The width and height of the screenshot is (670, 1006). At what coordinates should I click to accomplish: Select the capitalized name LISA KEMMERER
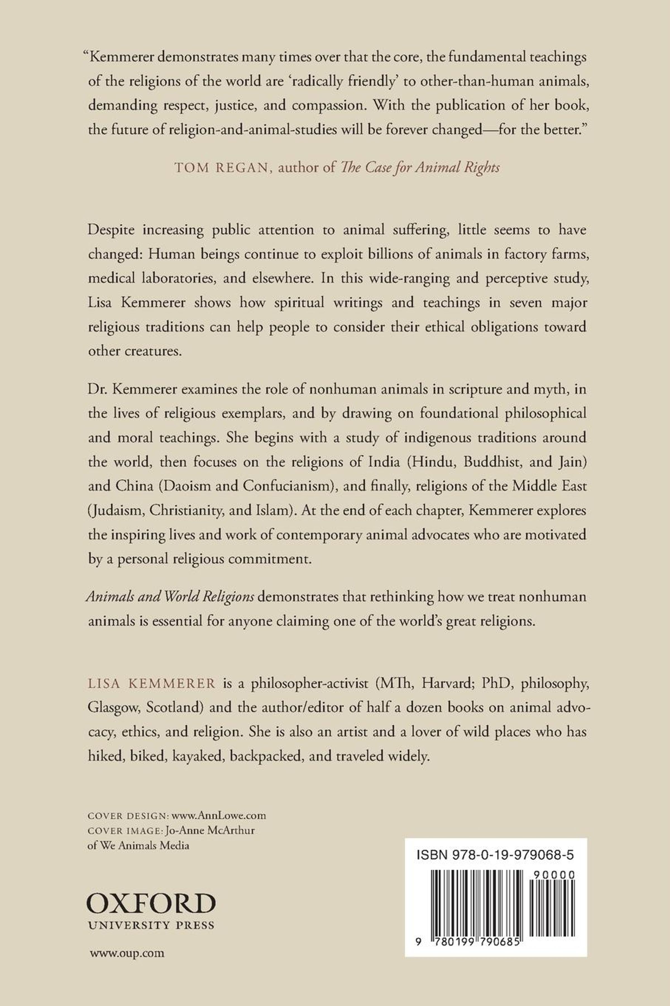click(x=152, y=683)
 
